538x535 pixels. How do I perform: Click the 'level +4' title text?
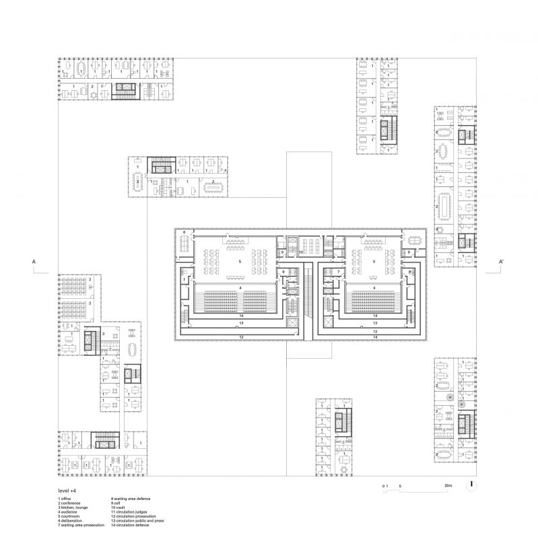(x=67, y=492)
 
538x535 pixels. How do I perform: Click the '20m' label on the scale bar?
(x=448, y=485)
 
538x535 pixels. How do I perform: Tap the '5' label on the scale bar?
(x=400, y=485)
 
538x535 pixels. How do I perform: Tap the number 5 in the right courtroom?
(x=374, y=260)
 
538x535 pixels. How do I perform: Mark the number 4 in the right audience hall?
(x=374, y=287)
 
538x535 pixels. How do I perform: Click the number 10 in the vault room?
(x=301, y=252)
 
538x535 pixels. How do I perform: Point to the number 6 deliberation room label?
(x=183, y=232)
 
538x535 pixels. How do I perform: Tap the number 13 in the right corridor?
(x=374, y=323)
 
